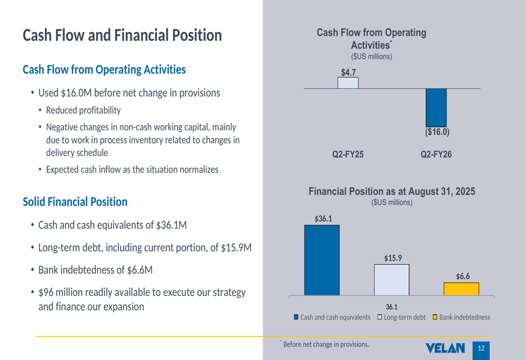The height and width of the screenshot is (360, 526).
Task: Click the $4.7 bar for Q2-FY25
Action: [348, 83]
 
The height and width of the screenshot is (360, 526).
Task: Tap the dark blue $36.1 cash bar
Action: [322, 260]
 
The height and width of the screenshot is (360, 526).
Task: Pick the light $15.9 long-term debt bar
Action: [391, 280]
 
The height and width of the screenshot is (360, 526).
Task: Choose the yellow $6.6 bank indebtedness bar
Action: [461, 289]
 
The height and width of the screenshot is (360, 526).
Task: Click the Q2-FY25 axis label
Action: [348, 155]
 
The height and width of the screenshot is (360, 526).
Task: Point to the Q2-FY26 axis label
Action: [436, 155]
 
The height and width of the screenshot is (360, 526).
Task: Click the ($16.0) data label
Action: [437, 132]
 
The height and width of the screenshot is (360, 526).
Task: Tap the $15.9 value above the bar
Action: [392, 258]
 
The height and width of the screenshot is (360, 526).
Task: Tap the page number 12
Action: [481, 348]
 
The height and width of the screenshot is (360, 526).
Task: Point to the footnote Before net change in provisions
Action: [326, 345]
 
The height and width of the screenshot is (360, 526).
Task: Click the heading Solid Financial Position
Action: [75, 202]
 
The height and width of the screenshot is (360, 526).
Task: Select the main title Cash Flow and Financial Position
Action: [122, 35]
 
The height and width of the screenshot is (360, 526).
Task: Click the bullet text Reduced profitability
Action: [83, 110]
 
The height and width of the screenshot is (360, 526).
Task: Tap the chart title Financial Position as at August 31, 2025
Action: [392, 192]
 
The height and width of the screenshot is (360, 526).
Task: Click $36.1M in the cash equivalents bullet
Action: [171, 225]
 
